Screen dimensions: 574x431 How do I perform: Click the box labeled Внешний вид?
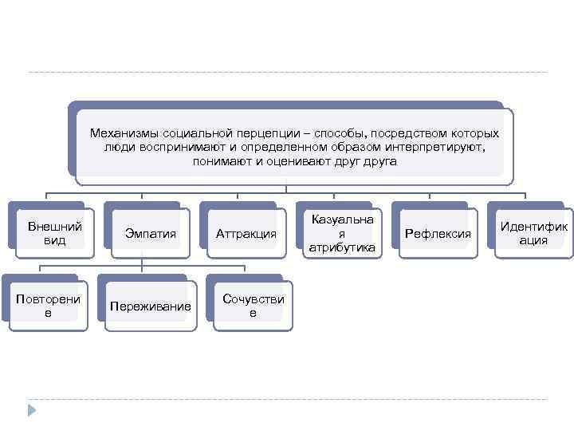click(55, 233)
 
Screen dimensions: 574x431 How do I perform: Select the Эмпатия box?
click(151, 234)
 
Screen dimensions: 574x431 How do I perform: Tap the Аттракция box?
click(246, 234)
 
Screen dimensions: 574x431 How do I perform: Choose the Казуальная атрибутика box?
click(342, 233)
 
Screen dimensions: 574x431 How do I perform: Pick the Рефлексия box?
click(438, 234)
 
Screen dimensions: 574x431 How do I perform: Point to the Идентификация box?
click(533, 233)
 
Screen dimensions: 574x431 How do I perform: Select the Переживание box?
click(150, 306)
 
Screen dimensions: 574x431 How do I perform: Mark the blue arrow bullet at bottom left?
click(32, 412)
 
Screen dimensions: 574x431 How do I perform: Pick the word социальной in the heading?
click(193, 133)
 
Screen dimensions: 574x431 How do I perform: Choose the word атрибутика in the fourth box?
click(342, 248)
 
